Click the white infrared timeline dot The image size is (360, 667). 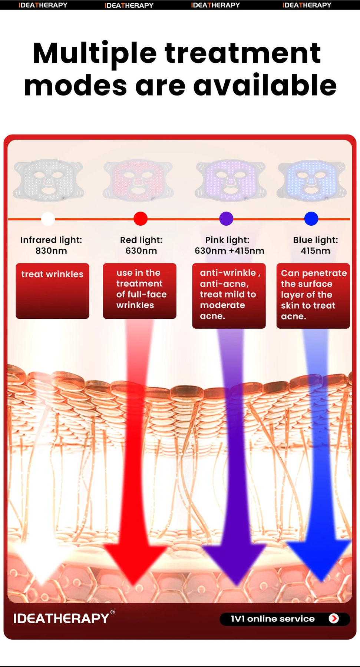click(x=48, y=219)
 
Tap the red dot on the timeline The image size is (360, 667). click(x=141, y=219)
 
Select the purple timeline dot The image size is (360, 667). click(x=226, y=219)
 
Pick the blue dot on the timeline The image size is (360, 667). click(x=311, y=219)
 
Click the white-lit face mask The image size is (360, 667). click(x=49, y=180)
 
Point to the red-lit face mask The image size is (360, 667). click(x=138, y=180)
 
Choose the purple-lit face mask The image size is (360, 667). click(x=231, y=180)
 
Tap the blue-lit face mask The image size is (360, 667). click(x=312, y=180)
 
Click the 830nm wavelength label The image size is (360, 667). click(x=51, y=251)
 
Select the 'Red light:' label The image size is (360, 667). click(x=141, y=240)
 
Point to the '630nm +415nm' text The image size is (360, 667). click(x=229, y=251)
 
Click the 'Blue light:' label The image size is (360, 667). click(x=316, y=240)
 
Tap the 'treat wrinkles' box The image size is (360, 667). click(x=52, y=291)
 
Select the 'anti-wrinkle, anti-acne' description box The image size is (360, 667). click(x=229, y=295)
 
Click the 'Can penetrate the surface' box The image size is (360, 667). click(x=313, y=295)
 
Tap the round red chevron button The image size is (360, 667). click(x=334, y=618)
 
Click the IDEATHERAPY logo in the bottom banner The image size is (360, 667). click(x=62, y=618)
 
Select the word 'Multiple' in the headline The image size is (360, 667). click(x=95, y=54)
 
